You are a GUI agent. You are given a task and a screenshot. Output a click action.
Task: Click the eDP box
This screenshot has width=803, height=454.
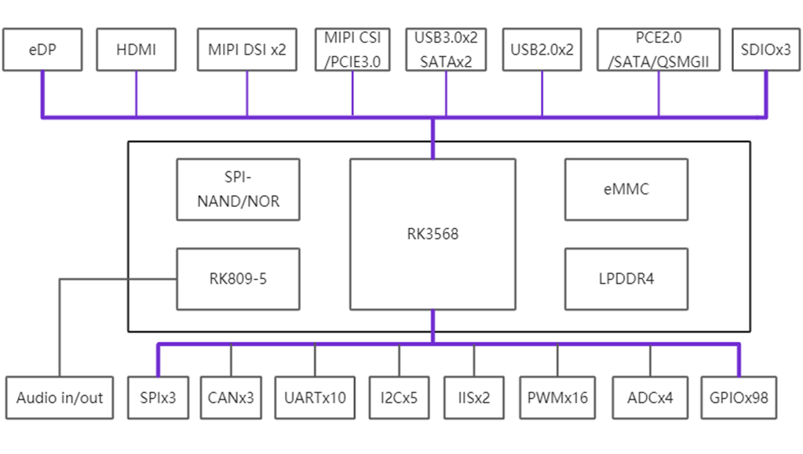pyautogui.click(x=42, y=49)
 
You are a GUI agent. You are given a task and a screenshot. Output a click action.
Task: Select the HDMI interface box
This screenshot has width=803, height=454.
pyautogui.click(x=136, y=49)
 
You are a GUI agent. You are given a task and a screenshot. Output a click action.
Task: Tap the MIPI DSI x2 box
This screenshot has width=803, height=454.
pyautogui.click(x=247, y=49)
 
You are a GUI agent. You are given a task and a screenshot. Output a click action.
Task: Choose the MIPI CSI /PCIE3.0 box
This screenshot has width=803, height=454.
pyautogui.click(x=352, y=49)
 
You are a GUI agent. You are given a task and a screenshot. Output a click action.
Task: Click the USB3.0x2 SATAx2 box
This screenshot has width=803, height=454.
pyautogui.click(x=446, y=49)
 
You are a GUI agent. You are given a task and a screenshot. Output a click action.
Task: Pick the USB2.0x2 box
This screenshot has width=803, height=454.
pyautogui.click(x=542, y=49)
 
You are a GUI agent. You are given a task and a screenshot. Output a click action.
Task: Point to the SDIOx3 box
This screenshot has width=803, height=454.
pyautogui.click(x=765, y=49)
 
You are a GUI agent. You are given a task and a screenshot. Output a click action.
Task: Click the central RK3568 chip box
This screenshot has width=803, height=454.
pyautogui.click(x=433, y=234)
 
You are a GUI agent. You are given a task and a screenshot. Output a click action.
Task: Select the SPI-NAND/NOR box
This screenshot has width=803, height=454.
pyautogui.click(x=238, y=189)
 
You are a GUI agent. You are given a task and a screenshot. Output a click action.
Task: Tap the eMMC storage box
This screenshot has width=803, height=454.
pyautogui.click(x=626, y=189)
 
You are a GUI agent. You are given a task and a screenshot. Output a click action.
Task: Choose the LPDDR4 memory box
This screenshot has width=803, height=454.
pyautogui.click(x=626, y=278)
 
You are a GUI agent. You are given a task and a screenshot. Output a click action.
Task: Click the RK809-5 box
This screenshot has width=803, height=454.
pyautogui.click(x=238, y=278)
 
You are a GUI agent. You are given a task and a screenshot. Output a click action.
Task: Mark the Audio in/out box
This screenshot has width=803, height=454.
pyautogui.click(x=60, y=398)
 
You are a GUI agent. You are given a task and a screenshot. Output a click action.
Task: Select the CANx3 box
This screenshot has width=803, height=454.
pyautogui.click(x=231, y=398)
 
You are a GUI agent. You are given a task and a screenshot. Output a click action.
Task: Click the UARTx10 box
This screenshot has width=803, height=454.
pyautogui.click(x=316, y=398)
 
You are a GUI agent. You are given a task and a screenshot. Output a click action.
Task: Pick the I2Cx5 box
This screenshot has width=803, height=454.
pyautogui.click(x=400, y=398)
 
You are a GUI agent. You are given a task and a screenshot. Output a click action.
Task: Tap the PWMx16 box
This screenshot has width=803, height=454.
pyautogui.click(x=558, y=398)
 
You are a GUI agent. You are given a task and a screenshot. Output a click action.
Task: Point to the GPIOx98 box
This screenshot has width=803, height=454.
pyautogui.click(x=738, y=398)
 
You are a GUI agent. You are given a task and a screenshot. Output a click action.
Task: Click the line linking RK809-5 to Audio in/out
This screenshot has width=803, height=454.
pyautogui.click(x=60, y=329)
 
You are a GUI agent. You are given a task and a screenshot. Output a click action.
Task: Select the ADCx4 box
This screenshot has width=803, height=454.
pyautogui.click(x=650, y=398)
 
